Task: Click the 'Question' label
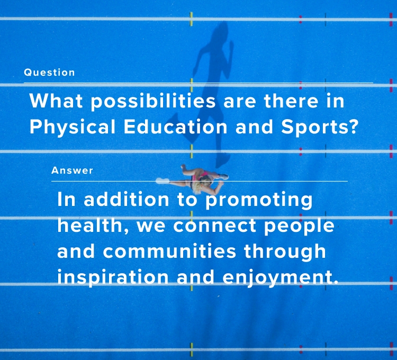click(x=49, y=73)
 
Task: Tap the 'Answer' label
click(x=72, y=170)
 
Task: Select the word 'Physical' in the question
click(x=73, y=128)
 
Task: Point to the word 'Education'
click(x=175, y=127)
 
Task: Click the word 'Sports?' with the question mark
click(x=320, y=128)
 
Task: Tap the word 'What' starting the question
click(x=56, y=101)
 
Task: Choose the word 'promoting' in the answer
click(x=259, y=201)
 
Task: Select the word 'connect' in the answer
click(x=215, y=226)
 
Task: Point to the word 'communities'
click(x=169, y=251)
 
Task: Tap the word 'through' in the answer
click(x=285, y=252)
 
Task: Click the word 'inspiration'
click(x=113, y=277)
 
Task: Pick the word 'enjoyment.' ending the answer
click(x=280, y=277)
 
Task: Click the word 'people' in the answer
click(x=299, y=227)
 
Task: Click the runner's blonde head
click(x=204, y=182)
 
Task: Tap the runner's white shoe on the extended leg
click(x=163, y=181)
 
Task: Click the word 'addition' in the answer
click(x=127, y=200)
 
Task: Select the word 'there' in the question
click(x=291, y=101)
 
